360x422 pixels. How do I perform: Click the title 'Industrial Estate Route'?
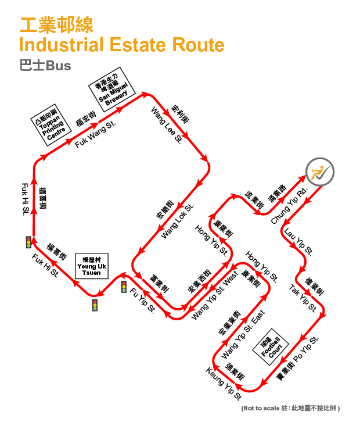pyautogui.click(x=121, y=45)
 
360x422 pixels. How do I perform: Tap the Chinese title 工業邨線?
pyautogui.click(x=56, y=25)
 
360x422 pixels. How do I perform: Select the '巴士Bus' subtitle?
pyautogui.click(x=45, y=66)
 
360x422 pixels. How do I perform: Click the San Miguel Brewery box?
pyautogui.click(x=112, y=89)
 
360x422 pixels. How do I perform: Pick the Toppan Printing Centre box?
pyautogui.click(x=51, y=125)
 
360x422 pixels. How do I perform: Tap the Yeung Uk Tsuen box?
pyautogui.click(x=92, y=266)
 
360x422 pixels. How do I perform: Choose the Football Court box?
pyautogui.click(x=271, y=346)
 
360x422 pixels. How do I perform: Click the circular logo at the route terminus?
pyautogui.click(x=320, y=171)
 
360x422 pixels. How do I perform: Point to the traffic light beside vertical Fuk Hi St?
pyautogui.click(x=28, y=242)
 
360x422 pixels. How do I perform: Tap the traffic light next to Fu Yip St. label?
pyautogui.click(x=124, y=287)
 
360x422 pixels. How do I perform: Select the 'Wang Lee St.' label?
pyautogui.click(x=167, y=126)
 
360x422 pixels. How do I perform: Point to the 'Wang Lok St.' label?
pyautogui.click(x=177, y=221)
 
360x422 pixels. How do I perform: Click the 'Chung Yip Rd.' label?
pyautogui.click(x=289, y=206)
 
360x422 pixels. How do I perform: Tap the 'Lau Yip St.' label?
pyautogui.click(x=298, y=242)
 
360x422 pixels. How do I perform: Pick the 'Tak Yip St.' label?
pyautogui.click(x=303, y=298)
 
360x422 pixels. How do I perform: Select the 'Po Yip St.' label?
pyautogui.click(x=306, y=349)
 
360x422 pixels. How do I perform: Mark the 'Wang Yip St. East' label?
pyautogui.click(x=243, y=334)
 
